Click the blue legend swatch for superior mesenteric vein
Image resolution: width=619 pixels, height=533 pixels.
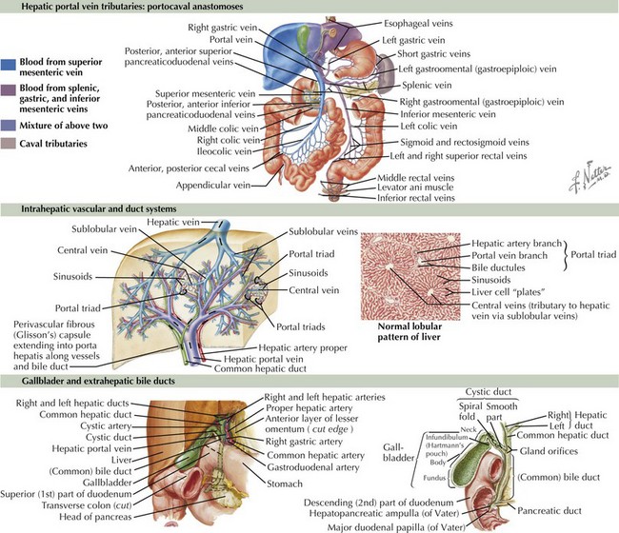point(9,65)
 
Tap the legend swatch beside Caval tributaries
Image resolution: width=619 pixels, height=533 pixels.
point(9,143)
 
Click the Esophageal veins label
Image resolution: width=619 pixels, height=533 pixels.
point(418,24)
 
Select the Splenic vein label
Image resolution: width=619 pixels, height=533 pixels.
point(427,86)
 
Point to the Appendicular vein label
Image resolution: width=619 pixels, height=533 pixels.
point(213,185)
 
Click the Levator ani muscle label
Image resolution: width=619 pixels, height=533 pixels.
point(415,188)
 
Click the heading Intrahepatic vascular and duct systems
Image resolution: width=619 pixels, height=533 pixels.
point(99,209)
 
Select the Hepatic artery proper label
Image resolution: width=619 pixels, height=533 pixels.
point(303,348)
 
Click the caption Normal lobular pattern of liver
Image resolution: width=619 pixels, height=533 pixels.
point(409,332)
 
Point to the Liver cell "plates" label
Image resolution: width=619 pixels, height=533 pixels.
point(509,292)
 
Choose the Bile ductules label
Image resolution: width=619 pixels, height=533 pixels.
point(498,267)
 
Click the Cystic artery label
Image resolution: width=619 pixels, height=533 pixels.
point(106,426)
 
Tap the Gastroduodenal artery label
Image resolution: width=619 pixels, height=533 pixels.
point(313,467)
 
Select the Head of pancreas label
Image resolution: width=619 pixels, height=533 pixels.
point(95,517)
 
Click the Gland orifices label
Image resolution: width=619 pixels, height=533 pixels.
point(549,451)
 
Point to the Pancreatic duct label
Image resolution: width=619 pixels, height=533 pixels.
point(549,511)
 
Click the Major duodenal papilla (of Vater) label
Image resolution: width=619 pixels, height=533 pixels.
point(396,527)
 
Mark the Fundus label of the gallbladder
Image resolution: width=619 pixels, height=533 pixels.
point(434,478)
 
